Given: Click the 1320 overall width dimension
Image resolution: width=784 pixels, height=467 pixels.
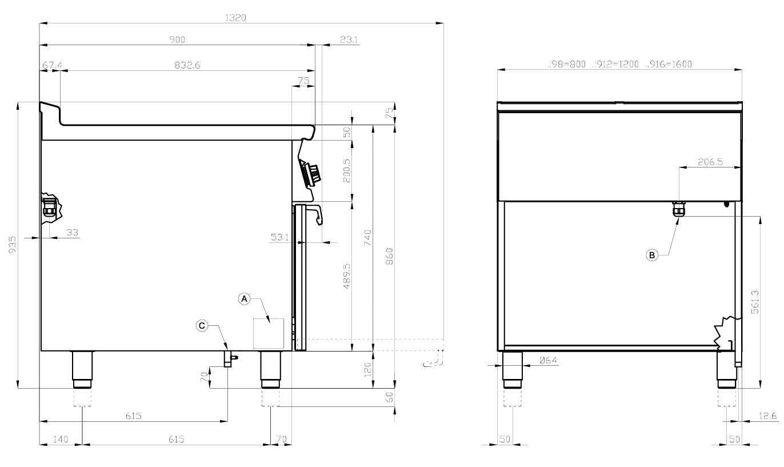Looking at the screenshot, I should pyautogui.click(x=235, y=18).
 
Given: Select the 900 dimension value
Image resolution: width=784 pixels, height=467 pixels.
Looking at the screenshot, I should pyautogui.click(x=177, y=39).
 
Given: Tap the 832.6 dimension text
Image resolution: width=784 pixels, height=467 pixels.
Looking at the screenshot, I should pyautogui.click(x=187, y=66).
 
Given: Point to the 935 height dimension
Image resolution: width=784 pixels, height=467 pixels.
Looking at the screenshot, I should pyautogui.click(x=13, y=245).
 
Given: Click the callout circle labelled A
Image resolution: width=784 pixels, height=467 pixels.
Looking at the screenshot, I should pyautogui.click(x=244, y=298).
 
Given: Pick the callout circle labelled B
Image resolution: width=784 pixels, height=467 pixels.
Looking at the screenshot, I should pyautogui.click(x=652, y=255).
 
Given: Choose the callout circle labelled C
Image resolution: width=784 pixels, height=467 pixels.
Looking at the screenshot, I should pyautogui.click(x=202, y=325).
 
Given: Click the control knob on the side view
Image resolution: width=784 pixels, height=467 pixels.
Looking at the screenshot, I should pyautogui.click(x=312, y=174).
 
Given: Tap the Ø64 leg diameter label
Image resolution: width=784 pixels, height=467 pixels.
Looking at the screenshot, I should pyautogui.click(x=548, y=360).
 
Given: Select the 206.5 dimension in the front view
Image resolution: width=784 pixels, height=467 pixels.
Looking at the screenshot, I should pyautogui.click(x=710, y=162).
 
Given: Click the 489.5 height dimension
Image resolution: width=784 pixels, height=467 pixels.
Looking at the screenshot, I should pyautogui.click(x=347, y=276).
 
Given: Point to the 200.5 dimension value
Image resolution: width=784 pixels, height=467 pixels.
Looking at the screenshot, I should pyautogui.click(x=347, y=170).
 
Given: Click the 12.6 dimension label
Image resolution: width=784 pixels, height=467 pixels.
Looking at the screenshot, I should pyautogui.click(x=768, y=416).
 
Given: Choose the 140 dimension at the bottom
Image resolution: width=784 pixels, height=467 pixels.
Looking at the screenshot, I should pyautogui.click(x=61, y=439).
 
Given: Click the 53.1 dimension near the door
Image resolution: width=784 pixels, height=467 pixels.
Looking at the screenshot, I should pyautogui.click(x=279, y=237).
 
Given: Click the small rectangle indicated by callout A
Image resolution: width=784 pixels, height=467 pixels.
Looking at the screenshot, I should pyautogui.click(x=269, y=333).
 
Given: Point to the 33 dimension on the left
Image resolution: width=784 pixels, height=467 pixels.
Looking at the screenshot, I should pyautogui.click(x=73, y=233).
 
